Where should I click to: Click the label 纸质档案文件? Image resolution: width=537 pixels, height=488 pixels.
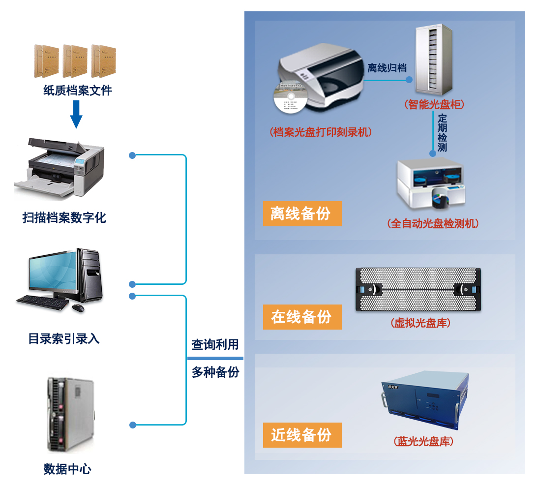(78, 91)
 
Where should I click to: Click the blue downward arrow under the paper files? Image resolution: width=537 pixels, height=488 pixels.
(76, 114)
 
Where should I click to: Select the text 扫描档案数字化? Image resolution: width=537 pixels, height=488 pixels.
(64, 217)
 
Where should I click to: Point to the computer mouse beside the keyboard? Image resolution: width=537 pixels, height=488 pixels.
(78, 308)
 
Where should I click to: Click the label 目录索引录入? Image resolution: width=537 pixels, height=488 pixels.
(64, 339)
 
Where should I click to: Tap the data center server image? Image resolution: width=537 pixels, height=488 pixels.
(70, 414)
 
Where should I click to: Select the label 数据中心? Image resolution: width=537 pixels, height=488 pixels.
(67, 469)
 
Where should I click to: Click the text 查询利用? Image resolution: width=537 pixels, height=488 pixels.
(215, 345)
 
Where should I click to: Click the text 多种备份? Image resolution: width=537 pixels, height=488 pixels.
(215, 372)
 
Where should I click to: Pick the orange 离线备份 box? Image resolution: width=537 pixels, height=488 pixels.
(302, 214)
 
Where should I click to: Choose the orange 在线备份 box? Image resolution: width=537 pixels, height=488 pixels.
(302, 317)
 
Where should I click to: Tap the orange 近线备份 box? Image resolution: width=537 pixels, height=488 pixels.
(302, 435)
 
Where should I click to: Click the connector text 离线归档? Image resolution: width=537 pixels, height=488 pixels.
(387, 68)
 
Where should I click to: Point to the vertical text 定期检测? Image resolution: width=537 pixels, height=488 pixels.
(443, 133)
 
